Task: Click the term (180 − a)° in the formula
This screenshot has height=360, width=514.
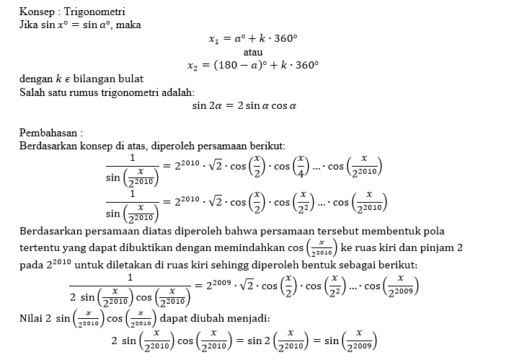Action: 244,64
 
